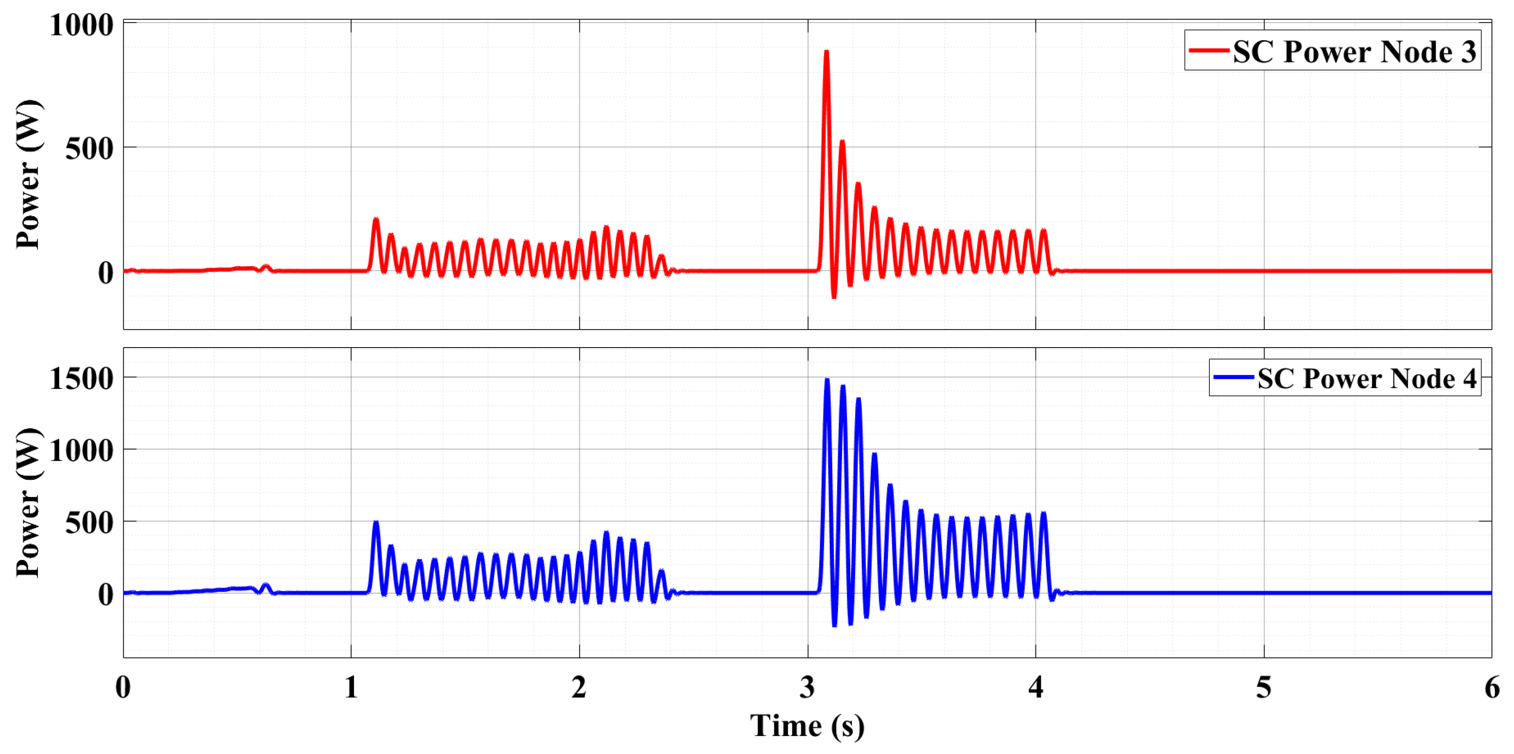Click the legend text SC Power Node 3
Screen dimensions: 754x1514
coord(1354,52)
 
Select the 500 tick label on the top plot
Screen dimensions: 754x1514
coord(89,149)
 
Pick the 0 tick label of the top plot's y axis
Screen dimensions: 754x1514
coord(106,273)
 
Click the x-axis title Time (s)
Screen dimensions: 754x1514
coord(807,726)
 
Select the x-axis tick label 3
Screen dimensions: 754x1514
coord(807,687)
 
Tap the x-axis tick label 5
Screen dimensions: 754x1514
coord(1264,687)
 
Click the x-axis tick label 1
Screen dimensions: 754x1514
coord(351,687)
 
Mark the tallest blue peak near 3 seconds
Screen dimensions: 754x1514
coord(827,380)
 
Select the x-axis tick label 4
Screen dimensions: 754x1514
coord(1036,687)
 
